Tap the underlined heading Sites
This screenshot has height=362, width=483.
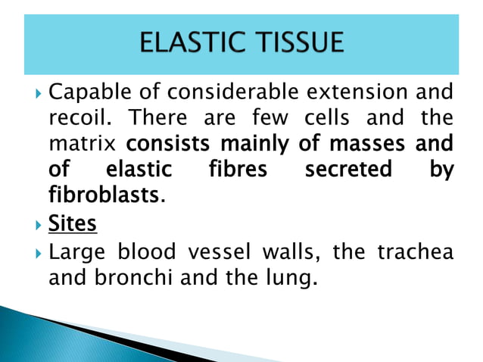click(x=72, y=225)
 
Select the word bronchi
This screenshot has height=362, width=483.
click(x=132, y=277)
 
